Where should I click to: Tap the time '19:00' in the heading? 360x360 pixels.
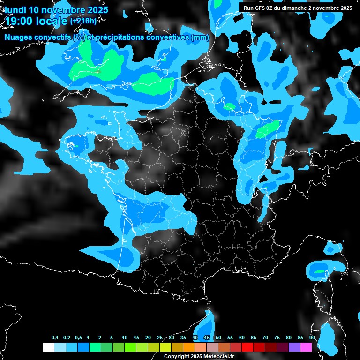coord(19,21)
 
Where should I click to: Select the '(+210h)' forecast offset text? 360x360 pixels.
coord(83,21)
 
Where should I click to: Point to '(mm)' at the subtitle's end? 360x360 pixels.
coord(200,37)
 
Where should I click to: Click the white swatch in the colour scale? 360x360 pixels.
coord(48,347)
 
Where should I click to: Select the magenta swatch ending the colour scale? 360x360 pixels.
coord(306,347)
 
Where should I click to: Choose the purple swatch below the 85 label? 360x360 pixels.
coord(294,347)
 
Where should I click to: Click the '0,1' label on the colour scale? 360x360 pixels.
coord(55,338)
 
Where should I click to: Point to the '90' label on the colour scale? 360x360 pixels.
coord(312,338)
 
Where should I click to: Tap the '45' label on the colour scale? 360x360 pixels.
coord(207,338)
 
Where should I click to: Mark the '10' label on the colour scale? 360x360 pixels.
coord(124,338)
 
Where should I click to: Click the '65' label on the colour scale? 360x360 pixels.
coord(254,338)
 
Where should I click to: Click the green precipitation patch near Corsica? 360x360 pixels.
coord(319,271)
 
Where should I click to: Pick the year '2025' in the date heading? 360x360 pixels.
coord(94,9)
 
